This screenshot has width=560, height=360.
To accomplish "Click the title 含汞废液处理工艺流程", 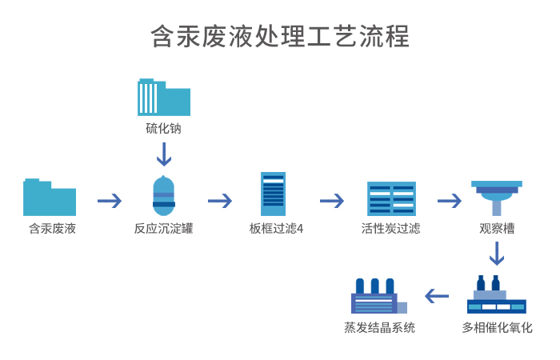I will pos(280,37).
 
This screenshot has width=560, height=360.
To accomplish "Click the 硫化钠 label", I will pos(163,128).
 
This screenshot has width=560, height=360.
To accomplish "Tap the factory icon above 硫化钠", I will pos(163,98).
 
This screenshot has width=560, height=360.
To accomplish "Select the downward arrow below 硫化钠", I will pos(163,154).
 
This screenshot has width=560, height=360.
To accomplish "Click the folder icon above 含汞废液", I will pos(50,198).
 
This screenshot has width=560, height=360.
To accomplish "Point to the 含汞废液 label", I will pos(52,229).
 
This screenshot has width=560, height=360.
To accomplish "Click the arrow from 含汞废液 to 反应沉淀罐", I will pos(110,200).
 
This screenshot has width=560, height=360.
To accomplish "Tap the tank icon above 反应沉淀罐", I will pos(163,197).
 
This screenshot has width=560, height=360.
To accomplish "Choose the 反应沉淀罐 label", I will pos(163,229).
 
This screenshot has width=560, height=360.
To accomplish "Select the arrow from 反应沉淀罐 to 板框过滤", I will pos(220,200).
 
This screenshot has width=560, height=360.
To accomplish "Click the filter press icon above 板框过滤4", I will pos(273,194).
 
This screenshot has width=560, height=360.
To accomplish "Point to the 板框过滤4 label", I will pos(276,229).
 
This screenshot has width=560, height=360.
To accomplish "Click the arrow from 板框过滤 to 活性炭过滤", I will pos(332,200).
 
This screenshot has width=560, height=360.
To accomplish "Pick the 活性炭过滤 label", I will pos(390,229).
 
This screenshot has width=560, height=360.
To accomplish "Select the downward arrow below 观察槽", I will pos(497,253).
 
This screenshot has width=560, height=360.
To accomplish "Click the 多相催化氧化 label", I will pos(497,327).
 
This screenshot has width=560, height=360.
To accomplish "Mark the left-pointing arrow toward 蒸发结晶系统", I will pos(437,296).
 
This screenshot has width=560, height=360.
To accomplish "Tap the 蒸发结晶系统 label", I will pos(379,327).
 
